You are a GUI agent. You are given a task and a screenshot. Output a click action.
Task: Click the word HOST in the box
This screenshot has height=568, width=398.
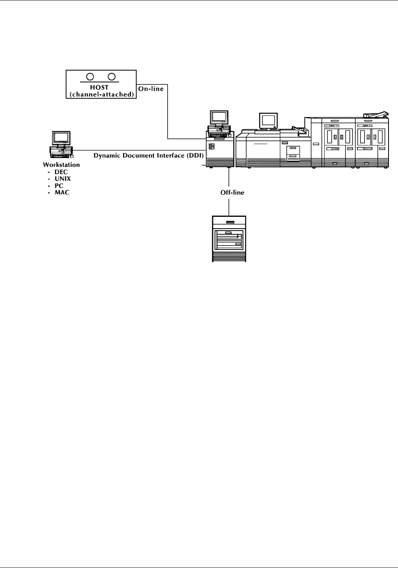[x=99, y=88]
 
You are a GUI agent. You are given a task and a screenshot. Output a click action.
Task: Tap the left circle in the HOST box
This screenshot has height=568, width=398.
[x=90, y=76]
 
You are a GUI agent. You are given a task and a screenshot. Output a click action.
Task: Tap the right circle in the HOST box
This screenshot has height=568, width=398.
[x=112, y=76]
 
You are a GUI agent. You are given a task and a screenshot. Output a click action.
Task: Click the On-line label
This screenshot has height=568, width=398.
[x=151, y=89]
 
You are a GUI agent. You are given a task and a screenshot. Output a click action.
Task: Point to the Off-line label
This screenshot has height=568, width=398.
[x=232, y=192]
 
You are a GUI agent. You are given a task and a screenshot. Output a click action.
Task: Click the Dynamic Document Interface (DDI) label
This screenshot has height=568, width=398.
[x=148, y=155]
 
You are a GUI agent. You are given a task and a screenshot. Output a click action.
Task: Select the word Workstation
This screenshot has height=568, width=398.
[x=61, y=165]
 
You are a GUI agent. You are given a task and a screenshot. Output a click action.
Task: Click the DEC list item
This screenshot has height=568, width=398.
[x=61, y=172]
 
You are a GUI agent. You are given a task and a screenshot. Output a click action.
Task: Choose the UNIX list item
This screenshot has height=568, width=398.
[x=63, y=179]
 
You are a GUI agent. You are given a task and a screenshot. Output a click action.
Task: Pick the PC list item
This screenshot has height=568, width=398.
[x=59, y=186]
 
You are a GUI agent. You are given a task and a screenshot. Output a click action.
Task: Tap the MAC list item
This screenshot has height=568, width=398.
[x=62, y=192]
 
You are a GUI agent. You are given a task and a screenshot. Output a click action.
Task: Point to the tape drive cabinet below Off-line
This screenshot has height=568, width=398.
[x=229, y=238]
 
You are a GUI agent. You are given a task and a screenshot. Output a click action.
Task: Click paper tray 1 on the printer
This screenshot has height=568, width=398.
[x=292, y=149]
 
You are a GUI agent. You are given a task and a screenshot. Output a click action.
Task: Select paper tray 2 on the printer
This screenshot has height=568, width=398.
[x=292, y=156]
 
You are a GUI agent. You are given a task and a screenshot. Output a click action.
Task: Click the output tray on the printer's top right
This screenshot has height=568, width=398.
[x=377, y=115]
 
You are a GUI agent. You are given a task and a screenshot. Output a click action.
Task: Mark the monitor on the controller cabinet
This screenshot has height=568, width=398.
[x=219, y=117]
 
